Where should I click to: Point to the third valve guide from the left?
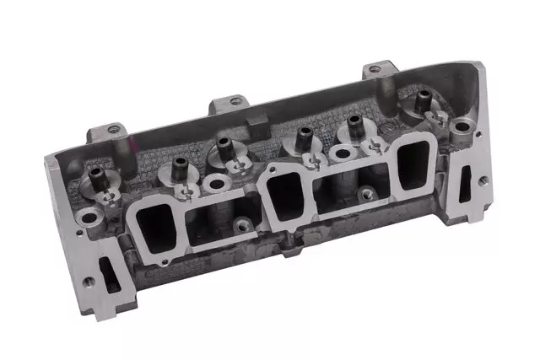[x=224, y=145]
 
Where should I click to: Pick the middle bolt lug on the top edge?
[x=234, y=102]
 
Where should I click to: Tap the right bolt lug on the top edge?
[x=378, y=69]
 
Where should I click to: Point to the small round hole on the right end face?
[x=482, y=180]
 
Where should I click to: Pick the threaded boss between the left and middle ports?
[x=243, y=224]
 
